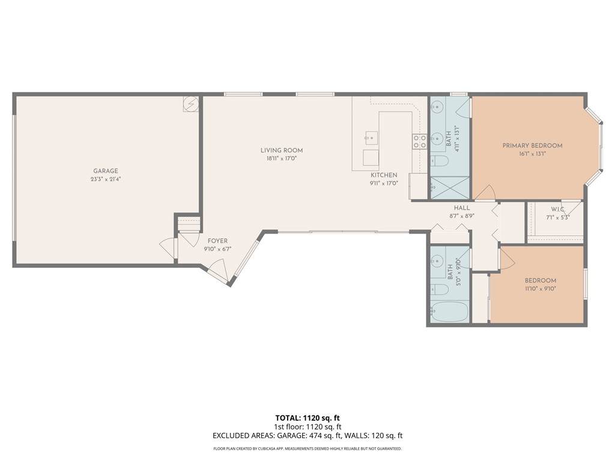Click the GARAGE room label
106,171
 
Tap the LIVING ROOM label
282,150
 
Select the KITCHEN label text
384,175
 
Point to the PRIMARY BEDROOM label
532,145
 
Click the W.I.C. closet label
558,209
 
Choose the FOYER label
217,241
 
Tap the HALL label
462,208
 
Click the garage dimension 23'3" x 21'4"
106,179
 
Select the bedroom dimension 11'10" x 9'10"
541,289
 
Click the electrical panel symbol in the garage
191,104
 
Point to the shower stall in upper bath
450,188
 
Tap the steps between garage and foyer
189,224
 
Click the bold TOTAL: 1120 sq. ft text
307,418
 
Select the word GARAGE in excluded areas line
291,435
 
